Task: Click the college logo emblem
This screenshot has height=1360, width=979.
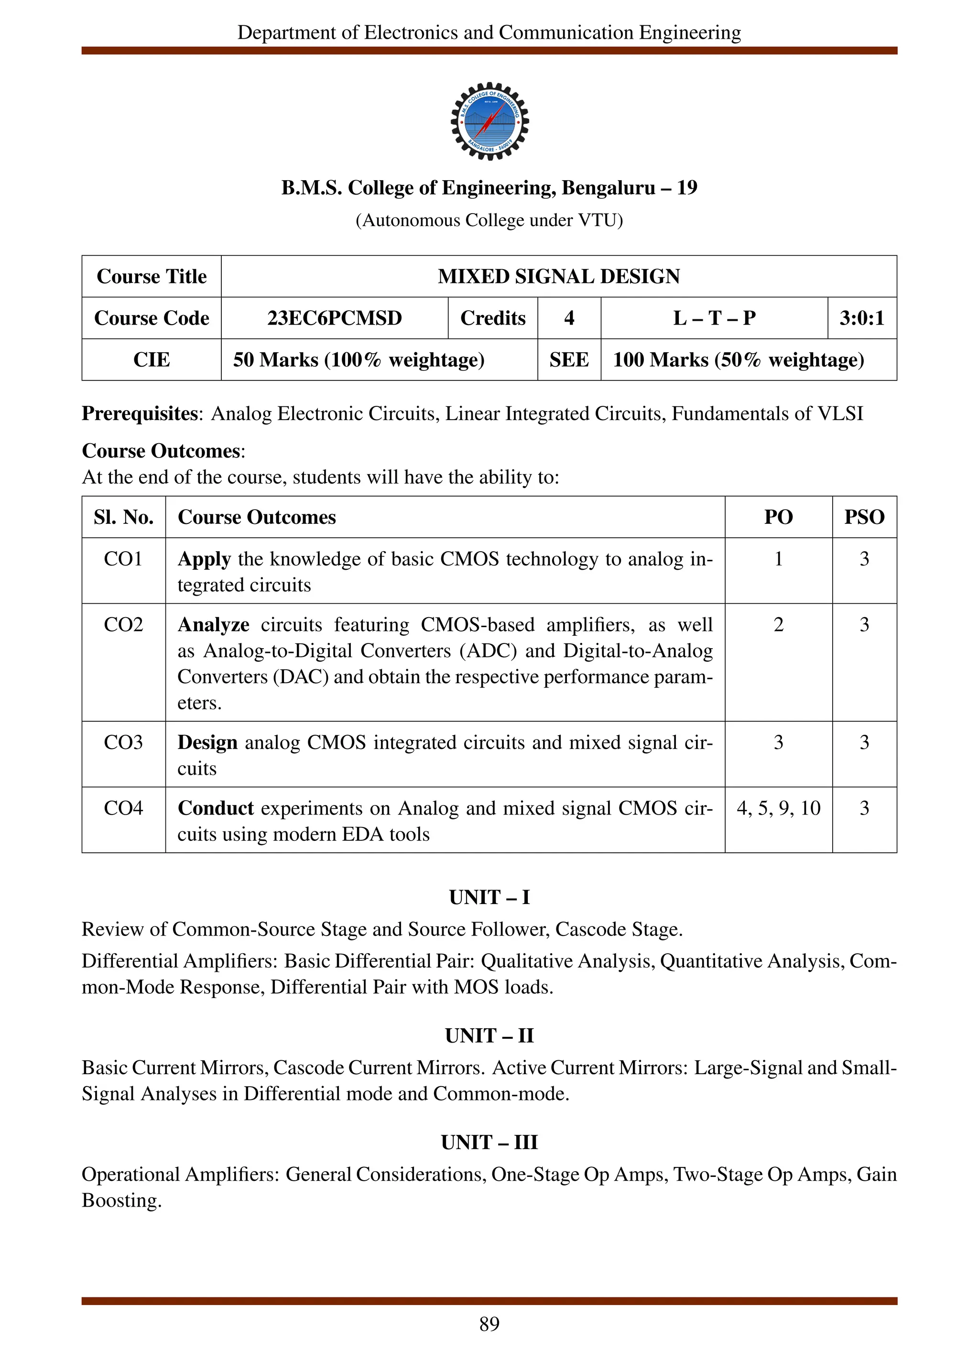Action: [x=489, y=121]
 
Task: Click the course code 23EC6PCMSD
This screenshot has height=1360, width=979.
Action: [x=334, y=318]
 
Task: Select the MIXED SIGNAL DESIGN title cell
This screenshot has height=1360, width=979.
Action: [x=558, y=276]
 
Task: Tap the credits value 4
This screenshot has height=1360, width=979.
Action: [x=568, y=318]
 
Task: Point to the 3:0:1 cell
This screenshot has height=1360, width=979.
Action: [x=861, y=318]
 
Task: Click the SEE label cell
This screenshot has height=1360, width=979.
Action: [x=568, y=360]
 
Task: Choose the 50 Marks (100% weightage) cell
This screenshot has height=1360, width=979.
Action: [x=359, y=360]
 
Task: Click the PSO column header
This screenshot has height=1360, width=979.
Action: [x=864, y=517]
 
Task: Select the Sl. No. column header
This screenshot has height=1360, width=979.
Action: [x=123, y=517]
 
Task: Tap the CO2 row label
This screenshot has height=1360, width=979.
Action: [x=123, y=624]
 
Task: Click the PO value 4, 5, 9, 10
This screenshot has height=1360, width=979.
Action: [x=778, y=808]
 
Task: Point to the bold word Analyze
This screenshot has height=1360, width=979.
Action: [x=213, y=624]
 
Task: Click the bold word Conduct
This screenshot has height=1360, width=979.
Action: [x=216, y=808]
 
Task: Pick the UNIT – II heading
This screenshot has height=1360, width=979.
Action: [x=489, y=1035]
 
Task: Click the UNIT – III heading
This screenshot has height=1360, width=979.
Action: [x=489, y=1142]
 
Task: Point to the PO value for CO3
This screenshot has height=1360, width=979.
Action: [x=778, y=742]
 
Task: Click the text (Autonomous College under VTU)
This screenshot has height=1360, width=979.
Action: [x=489, y=221]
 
